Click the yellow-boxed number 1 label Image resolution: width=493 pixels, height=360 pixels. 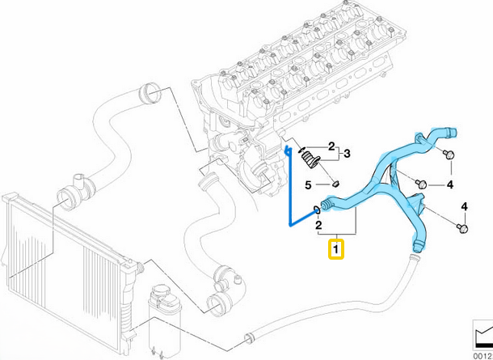(x=335, y=249)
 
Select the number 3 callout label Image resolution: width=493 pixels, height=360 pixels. (x=348, y=152)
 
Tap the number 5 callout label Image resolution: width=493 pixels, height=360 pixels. (x=308, y=185)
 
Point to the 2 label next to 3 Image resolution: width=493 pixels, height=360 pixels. (x=331, y=146)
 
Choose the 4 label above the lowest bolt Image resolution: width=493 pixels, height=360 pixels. (x=464, y=207)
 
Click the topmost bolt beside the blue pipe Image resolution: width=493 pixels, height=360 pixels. (x=450, y=155)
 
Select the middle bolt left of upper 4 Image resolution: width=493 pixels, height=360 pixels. (x=421, y=183)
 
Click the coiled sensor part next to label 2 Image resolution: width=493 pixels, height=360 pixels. (x=309, y=157)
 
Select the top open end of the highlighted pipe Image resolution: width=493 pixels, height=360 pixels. (x=453, y=131)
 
